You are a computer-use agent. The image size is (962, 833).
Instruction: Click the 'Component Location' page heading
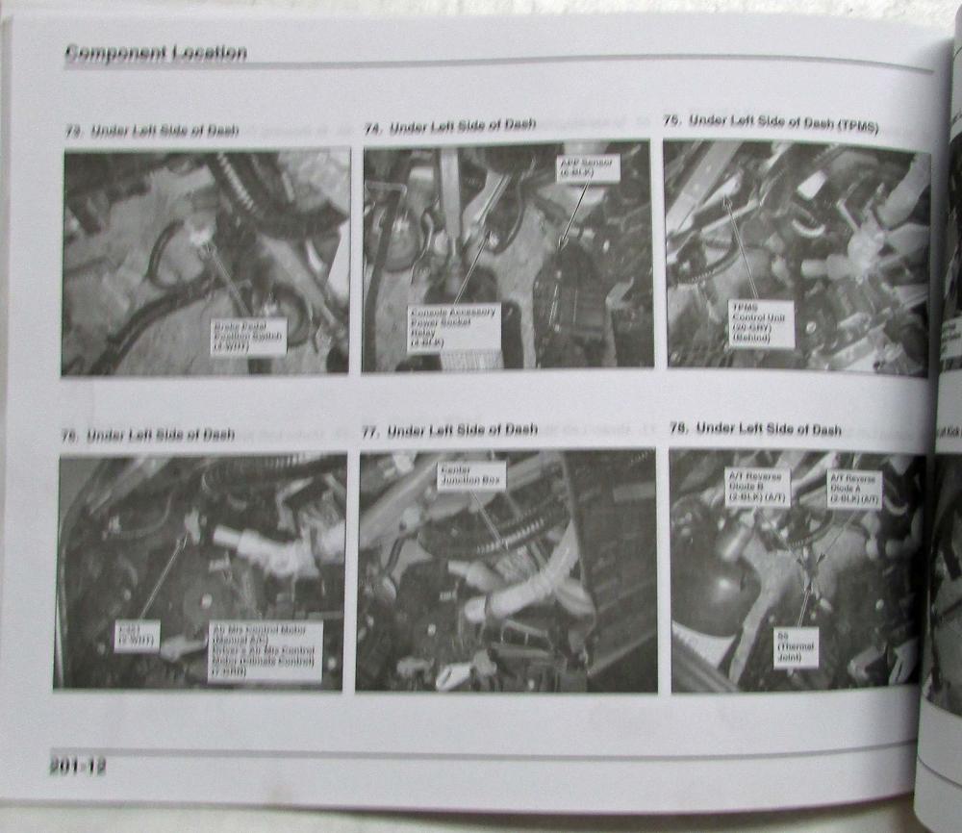pyautogui.click(x=155, y=54)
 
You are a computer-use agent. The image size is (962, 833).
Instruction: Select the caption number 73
pyautogui.click(x=72, y=132)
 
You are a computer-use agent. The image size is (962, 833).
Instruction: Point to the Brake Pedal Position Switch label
pyautogui.click(x=248, y=338)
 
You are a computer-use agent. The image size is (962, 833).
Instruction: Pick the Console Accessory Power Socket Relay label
pyautogui.click(x=453, y=328)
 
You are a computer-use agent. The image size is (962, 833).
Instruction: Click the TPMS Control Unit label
pyautogui.click(x=760, y=323)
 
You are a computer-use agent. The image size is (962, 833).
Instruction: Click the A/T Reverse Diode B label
pyautogui.click(x=756, y=487)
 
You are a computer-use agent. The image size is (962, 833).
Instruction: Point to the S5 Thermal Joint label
pyautogui.click(x=797, y=649)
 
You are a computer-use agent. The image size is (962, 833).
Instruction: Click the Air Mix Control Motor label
pyautogui.click(x=265, y=651)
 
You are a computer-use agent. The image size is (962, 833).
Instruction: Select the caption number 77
pyautogui.click(x=369, y=432)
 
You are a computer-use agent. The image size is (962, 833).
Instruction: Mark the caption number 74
pyautogui.click(x=372, y=128)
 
